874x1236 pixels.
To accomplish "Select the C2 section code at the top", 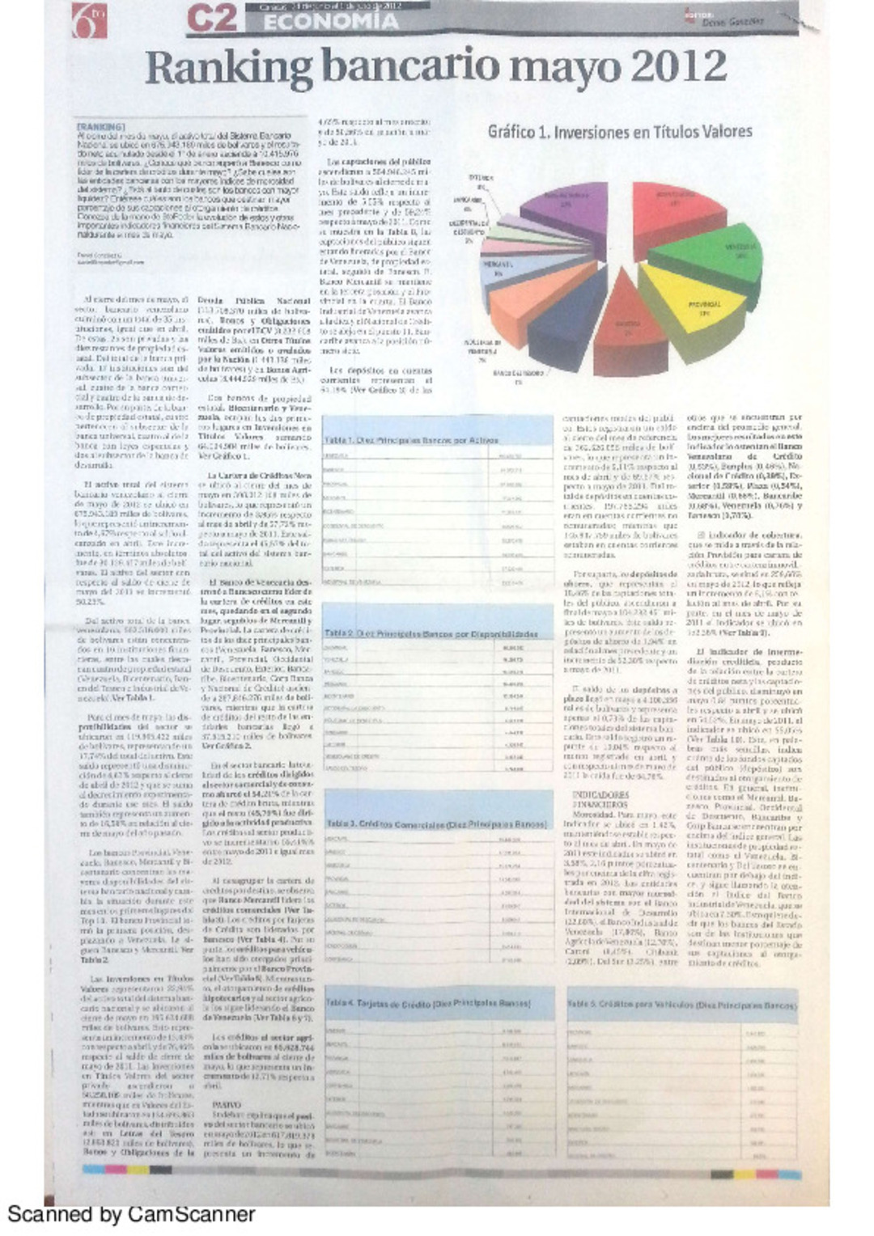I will point(211,19).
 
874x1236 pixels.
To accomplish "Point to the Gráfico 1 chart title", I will point(620,132).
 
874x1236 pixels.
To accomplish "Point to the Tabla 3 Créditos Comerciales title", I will point(436,823).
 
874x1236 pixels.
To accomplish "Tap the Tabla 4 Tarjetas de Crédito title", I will point(428,1003).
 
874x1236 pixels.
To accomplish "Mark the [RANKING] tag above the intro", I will point(100,128).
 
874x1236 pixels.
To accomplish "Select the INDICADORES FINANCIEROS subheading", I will point(600,800).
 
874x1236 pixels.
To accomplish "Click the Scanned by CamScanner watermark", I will point(131,1214).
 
